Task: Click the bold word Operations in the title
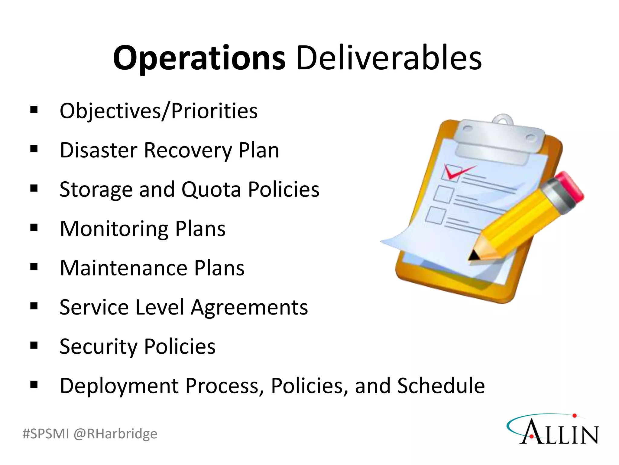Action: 199,58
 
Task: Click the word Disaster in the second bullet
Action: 98,150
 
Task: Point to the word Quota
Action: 211,190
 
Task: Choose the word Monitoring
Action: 114,229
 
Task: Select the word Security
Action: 98,347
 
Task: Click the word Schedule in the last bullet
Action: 441,386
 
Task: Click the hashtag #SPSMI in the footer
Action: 46,434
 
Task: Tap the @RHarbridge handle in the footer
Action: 115,434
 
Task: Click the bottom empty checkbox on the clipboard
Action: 436,216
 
